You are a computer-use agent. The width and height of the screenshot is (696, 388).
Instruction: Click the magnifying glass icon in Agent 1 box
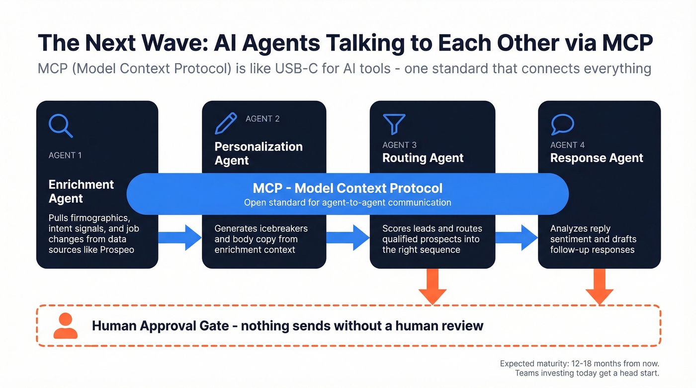(x=61, y=126)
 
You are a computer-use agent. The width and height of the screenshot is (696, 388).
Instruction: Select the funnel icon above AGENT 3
(x=394, y=124)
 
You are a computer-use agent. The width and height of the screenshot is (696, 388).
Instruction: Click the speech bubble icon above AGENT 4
(x=562, y=125)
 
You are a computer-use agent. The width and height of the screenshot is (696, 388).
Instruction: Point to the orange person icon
(x=65, y=326)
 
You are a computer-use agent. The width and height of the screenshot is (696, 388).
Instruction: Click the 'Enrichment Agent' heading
(x=81, y=191)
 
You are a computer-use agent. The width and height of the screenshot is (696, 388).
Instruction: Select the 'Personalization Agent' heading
(x=258, y=154)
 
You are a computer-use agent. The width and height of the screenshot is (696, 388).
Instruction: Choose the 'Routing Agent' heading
(x=423, y=158)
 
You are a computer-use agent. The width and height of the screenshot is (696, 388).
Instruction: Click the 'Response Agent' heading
(x=597, y=158)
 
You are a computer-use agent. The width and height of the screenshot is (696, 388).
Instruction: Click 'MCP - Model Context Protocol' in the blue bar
(x=348, y=188)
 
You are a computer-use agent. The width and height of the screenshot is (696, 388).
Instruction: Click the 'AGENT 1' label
(x=65, y=155)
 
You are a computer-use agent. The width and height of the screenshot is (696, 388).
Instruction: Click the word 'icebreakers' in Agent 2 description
(x=283, y=229)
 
